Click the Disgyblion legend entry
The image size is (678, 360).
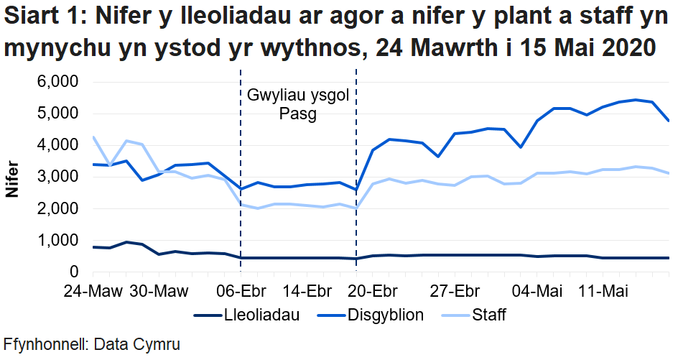(x=385, y=315)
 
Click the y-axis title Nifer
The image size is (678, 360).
(x=12, y=177)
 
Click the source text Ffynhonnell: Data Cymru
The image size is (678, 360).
(x=90, y=344)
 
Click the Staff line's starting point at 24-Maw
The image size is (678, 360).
(x=93, y=137)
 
